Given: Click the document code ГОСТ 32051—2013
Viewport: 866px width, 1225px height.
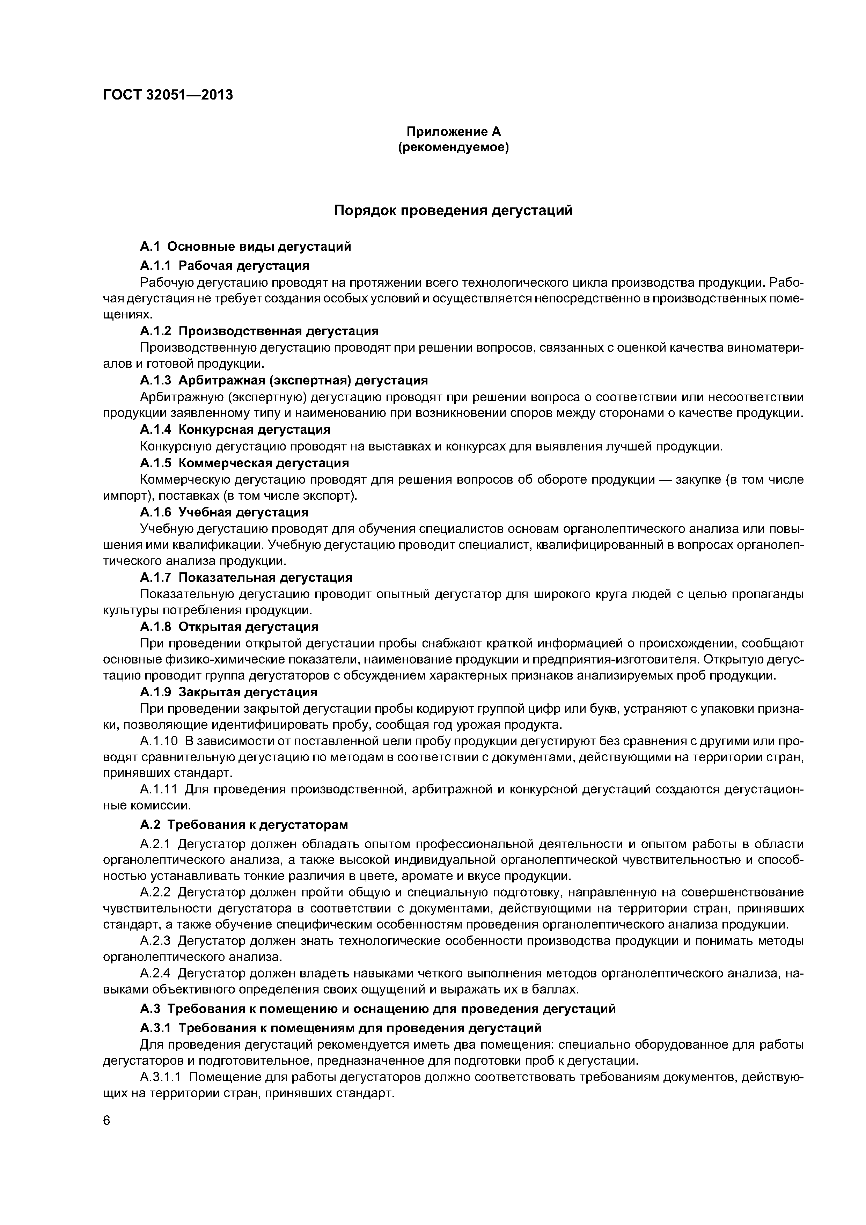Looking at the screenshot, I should [x=168, y=95].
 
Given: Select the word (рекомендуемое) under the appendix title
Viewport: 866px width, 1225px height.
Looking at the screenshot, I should [x=454, y=147].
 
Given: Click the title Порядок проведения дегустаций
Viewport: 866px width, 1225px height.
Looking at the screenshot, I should [x=454, y=211].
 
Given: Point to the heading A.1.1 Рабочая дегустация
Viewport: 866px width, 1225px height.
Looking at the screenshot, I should [x=225, y=265].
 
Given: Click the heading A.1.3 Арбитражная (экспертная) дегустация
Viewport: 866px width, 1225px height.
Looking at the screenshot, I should [x=284, y=380].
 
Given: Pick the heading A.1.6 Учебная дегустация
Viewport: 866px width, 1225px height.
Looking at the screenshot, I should [x=224, y=512].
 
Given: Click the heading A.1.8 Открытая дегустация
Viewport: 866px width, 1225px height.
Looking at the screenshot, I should [x=229, y=626].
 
